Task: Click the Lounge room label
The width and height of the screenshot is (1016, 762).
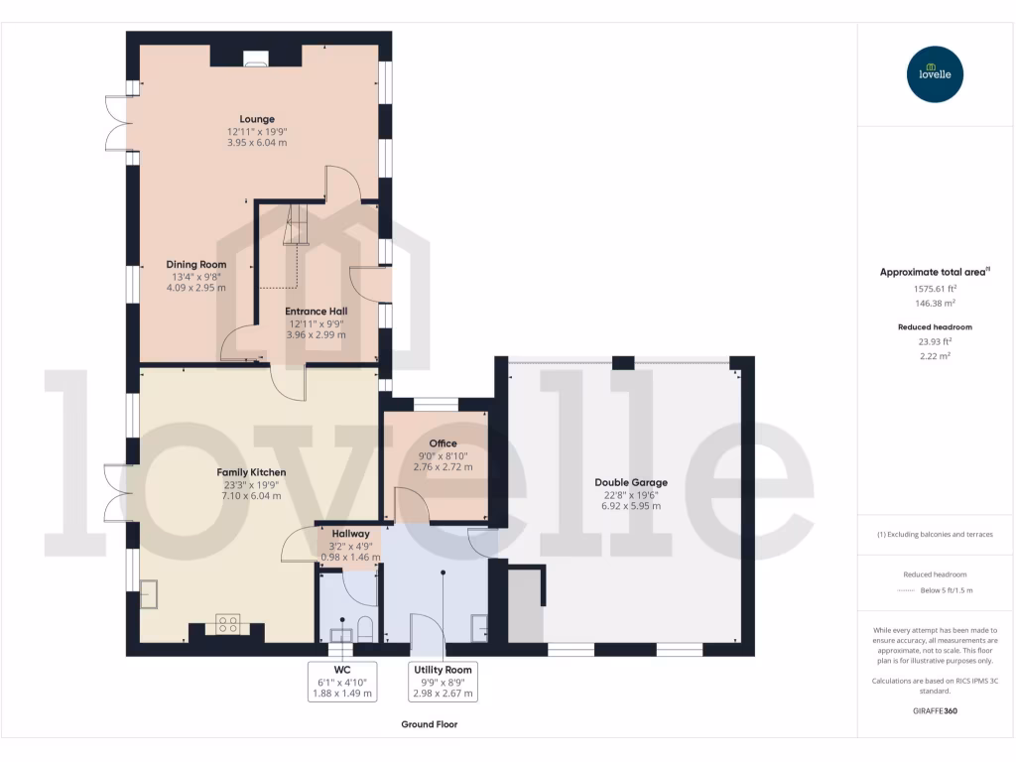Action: (257, 119)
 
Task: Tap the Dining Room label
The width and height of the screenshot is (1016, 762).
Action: (196, 265)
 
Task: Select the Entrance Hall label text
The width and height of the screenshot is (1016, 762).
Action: (317, 312)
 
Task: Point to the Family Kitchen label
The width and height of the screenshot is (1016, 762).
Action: (251, 472)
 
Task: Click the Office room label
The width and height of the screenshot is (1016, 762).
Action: (443, 444)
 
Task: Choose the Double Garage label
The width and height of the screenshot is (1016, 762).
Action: (631, 482)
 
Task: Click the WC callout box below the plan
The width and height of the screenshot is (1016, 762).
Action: (342, 682)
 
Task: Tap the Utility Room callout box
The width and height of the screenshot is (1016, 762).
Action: (444, 682)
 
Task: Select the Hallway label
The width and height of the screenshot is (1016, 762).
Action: (350, 534)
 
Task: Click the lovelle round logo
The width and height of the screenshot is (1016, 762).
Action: (935, 74)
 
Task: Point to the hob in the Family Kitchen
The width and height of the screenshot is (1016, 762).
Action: (227, 624)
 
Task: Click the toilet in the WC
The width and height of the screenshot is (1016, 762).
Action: (364, 628)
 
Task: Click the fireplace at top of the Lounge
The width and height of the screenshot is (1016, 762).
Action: (255, 61)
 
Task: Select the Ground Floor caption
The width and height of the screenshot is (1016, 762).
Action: (429, 724)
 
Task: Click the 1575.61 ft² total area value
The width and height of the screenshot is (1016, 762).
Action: (935, 289)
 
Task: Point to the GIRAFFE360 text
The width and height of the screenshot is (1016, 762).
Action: (935, 711)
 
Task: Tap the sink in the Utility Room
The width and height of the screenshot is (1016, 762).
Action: (480, 624)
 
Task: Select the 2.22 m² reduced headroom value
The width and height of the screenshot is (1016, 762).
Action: (935, 355)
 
